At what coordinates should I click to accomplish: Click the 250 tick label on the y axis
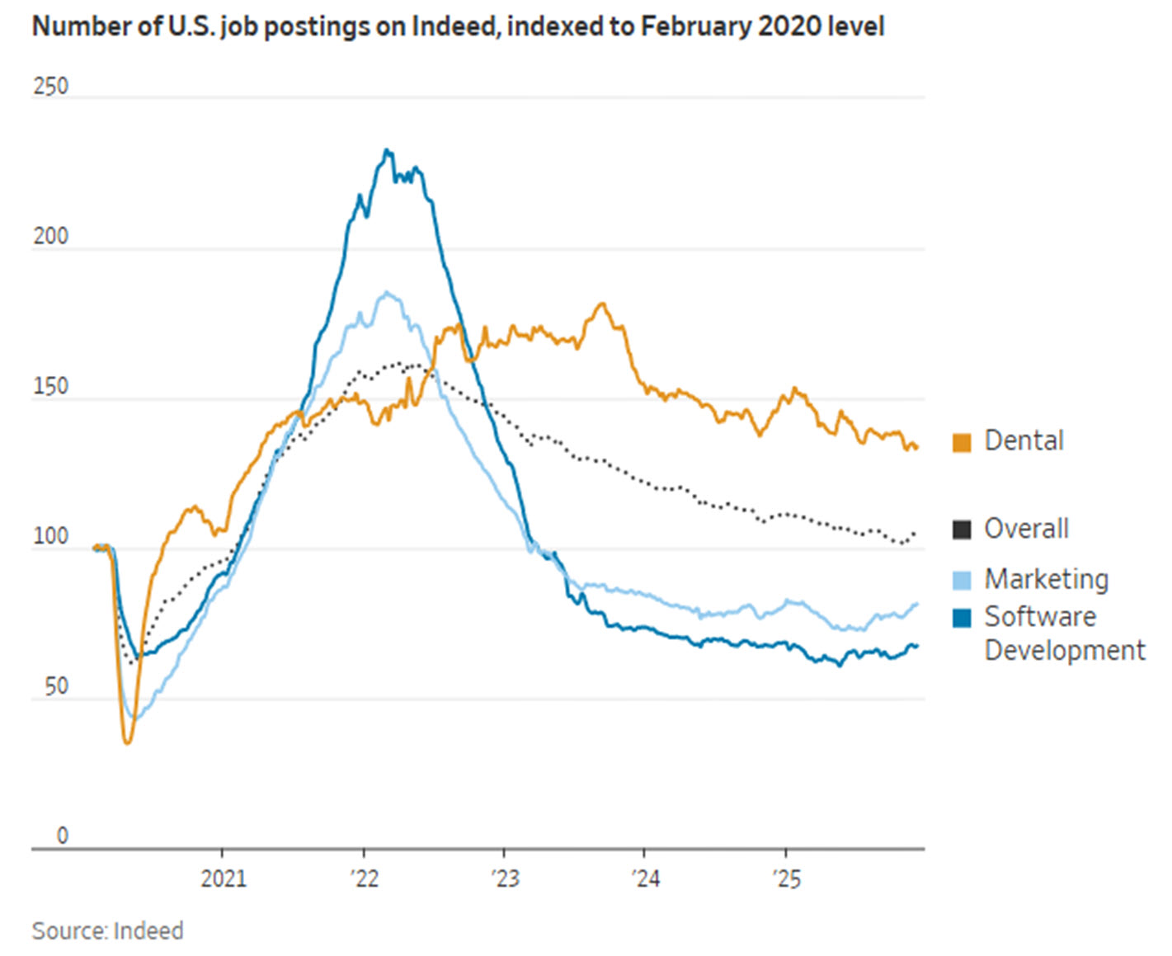pos(50,87)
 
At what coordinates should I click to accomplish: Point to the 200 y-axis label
pos(50,237)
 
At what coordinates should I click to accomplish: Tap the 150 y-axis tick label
pos(50,387)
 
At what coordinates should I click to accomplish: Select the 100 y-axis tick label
pos(50,537)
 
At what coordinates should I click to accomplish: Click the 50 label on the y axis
pos(56,686)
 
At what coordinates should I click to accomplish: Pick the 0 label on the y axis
pos(62,836)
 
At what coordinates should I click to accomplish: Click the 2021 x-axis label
pos(223,878)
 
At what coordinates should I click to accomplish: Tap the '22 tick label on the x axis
pos(364,878)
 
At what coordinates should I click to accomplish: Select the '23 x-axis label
pos(504,878)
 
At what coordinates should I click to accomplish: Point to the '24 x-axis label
pos(645,878)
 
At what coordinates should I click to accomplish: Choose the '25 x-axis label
pos(786,878)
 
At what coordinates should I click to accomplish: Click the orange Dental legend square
pos(962,442)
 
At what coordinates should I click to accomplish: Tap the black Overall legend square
pos(962,530)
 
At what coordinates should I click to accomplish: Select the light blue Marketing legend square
pos(962,580)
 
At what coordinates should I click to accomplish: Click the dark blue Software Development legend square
pos(962,618)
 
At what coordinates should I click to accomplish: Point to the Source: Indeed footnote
pos(107,931)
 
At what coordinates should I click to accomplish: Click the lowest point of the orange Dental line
pos(127,742)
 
